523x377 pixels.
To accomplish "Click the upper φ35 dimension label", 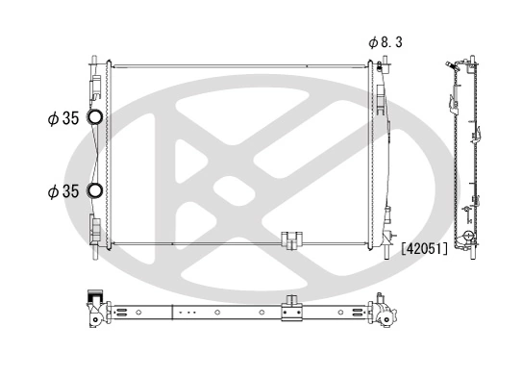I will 62,119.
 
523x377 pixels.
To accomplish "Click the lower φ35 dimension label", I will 62,190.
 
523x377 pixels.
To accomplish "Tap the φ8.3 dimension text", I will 386,41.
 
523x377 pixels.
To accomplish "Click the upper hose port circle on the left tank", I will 96,118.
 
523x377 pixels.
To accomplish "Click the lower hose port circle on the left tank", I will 96,189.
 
